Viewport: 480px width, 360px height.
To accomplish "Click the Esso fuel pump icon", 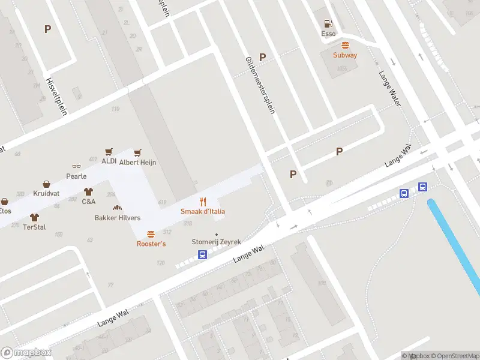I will (328, 23).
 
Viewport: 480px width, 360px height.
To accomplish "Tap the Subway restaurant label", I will (345, 55).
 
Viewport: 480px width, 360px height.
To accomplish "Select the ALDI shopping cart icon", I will (109, 152).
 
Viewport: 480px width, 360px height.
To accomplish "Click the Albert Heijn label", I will (137, 162).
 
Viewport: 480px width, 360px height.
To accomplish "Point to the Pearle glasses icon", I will (76, 166).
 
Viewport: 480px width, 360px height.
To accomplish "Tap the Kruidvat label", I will (46, 194).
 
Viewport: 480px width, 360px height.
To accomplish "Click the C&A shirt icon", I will (89, 192).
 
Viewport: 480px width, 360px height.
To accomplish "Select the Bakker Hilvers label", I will (118, 218).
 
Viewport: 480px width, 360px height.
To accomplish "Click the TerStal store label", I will (34, 227).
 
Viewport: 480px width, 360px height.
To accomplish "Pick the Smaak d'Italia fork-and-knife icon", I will (203, 202).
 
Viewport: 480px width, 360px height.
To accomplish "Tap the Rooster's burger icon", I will (151, 234).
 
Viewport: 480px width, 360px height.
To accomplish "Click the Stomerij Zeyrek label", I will (216, 242).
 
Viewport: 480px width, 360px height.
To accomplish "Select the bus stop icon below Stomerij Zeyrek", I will (203, 254).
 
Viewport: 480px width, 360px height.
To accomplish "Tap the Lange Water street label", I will (389, 89).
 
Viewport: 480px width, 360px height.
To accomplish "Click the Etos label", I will (5, 211).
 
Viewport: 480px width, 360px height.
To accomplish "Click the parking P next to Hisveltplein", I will (47, 28).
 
